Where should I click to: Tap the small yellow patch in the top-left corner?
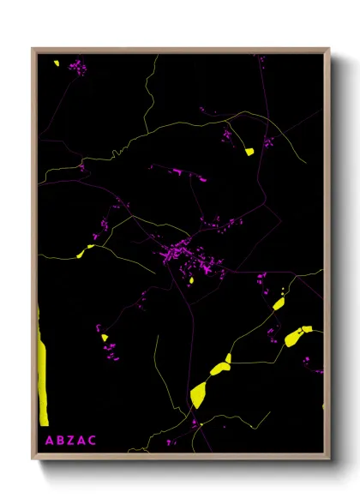55,63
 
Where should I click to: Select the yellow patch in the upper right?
249,152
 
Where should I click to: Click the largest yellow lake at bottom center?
199,394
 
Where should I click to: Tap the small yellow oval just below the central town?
191,279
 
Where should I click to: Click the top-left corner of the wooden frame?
33,49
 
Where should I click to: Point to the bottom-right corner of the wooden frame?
329,459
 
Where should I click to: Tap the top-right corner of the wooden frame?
329,49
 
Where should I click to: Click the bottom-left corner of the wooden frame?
33,459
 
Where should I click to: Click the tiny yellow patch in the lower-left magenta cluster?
105,338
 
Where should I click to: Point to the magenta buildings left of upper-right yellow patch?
228,135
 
